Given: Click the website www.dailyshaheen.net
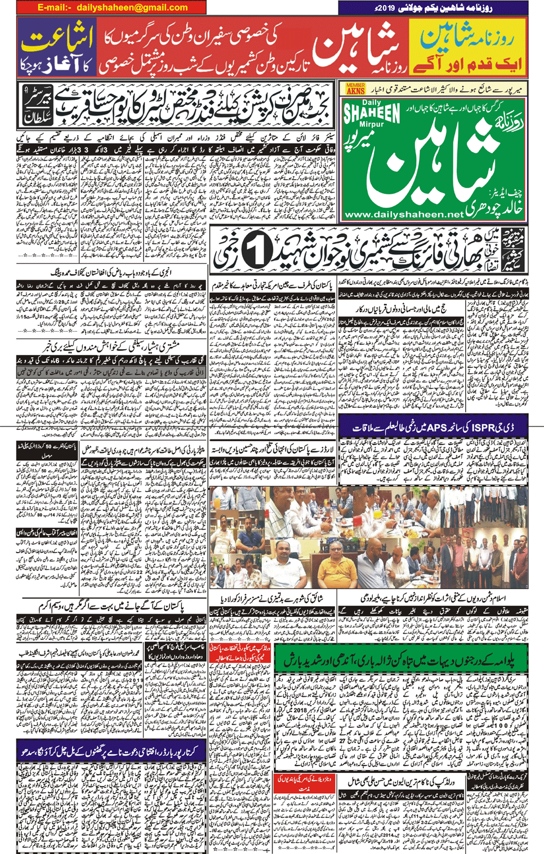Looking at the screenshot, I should pyautogui.click(x=403, y=215).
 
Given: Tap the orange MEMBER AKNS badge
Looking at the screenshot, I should pyautogui.click(x=355, y=88).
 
